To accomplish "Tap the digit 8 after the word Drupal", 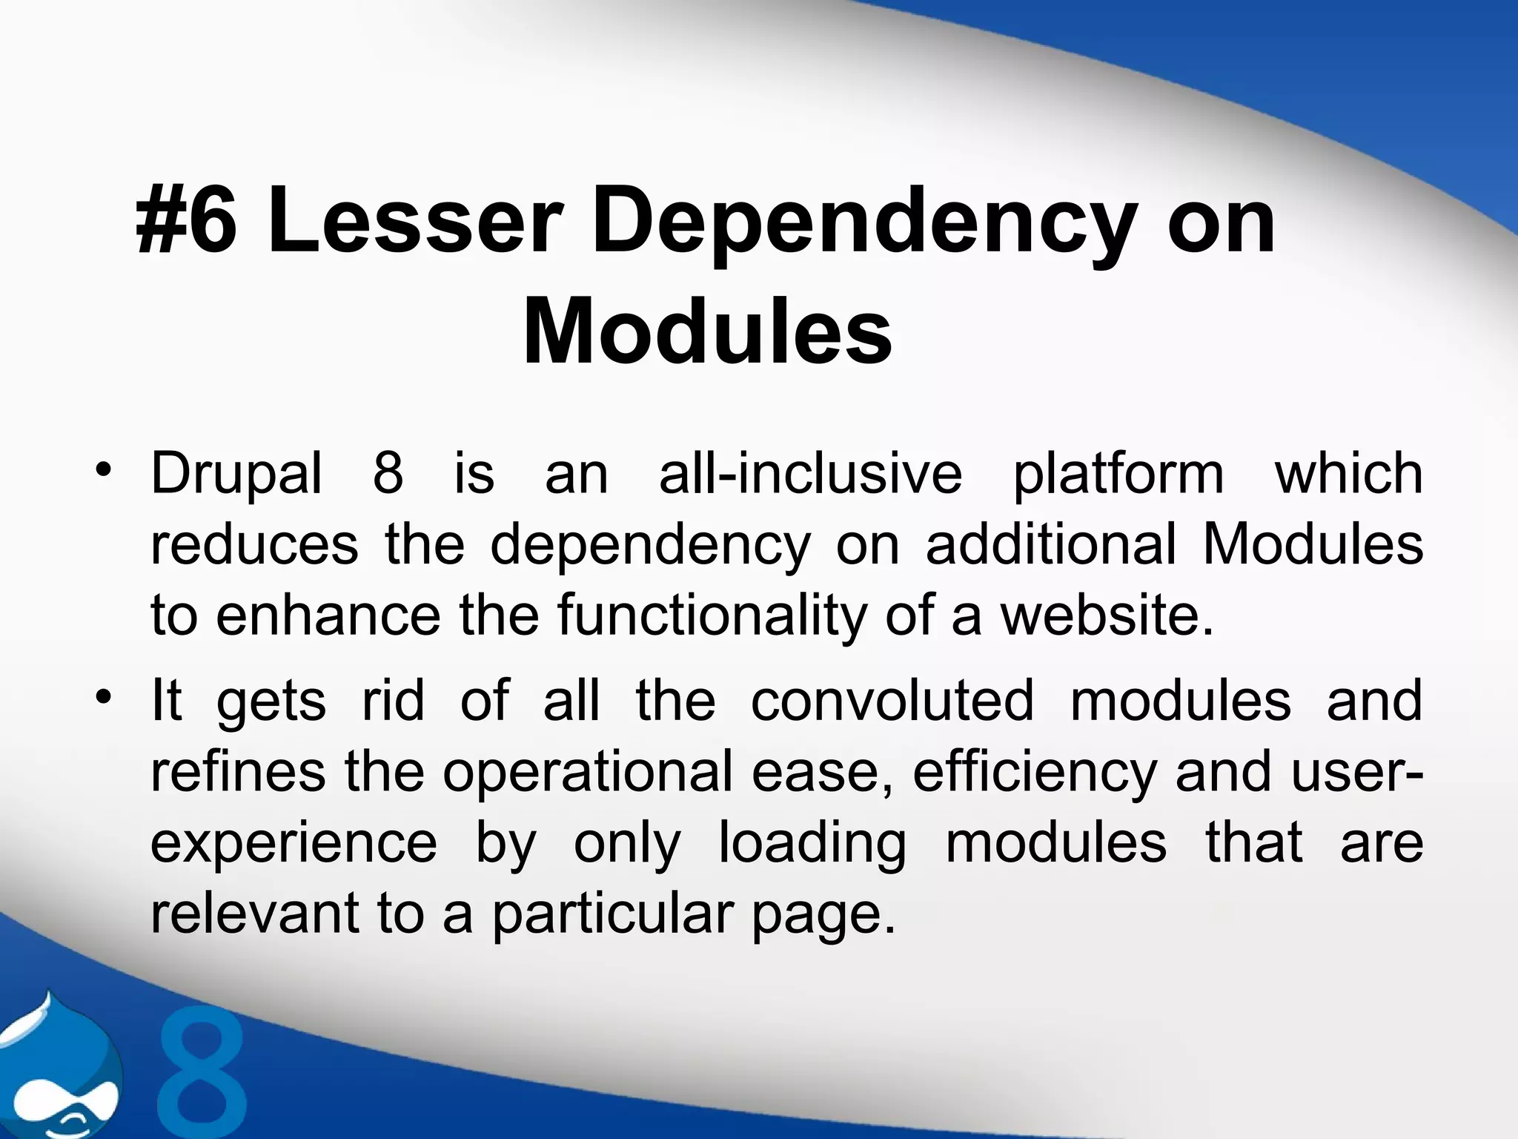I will click(x=388, y=473).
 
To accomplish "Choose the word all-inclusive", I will click(x=810, y=473).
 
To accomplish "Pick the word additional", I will click(x=1050, y=545).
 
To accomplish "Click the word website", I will click(x=1107, y=615).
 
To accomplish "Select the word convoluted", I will click(x=892, y=701).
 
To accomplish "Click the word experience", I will click(x=294, y=845).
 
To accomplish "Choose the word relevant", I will click(x=255, y=914).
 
